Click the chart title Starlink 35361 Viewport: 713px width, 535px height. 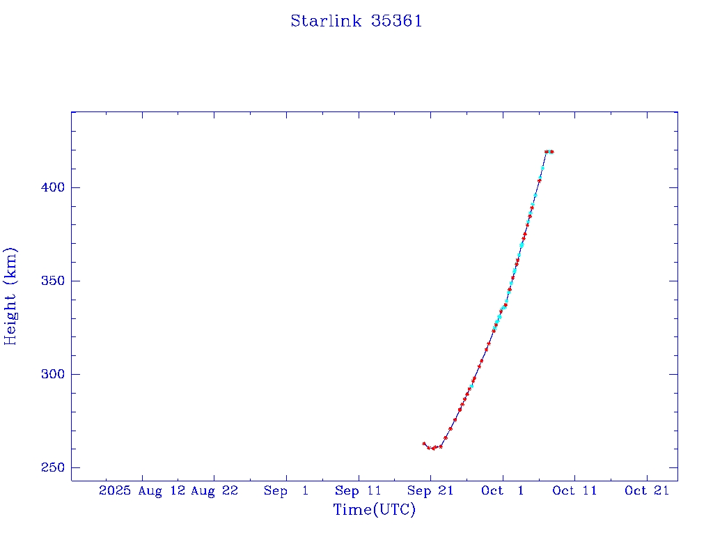point(356,21)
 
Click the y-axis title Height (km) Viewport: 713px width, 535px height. point(11,296)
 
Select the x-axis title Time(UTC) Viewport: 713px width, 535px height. point(374,510)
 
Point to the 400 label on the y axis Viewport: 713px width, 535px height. point(54,187)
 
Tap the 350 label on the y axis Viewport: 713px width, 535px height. point(54,281)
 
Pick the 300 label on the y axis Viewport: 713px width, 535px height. point(54,374)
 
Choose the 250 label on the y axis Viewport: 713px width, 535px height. point(54,467)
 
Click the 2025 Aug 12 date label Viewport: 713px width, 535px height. point(141,490)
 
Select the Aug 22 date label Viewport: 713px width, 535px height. point(214,490)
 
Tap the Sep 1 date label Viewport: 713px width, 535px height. point(286,490)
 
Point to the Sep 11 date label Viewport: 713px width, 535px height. point(358,490)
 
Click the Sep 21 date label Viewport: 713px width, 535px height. point(430,490)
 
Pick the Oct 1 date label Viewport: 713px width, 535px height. point(502,490)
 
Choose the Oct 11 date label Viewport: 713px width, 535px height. point(574,490)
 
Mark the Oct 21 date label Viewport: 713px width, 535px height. point(647,490)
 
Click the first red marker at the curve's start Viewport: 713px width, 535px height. point(423,443)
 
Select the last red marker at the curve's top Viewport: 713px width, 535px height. point(551,151)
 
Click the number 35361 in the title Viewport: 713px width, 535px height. point(397,21)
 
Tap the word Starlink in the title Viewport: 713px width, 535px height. point(326,21)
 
